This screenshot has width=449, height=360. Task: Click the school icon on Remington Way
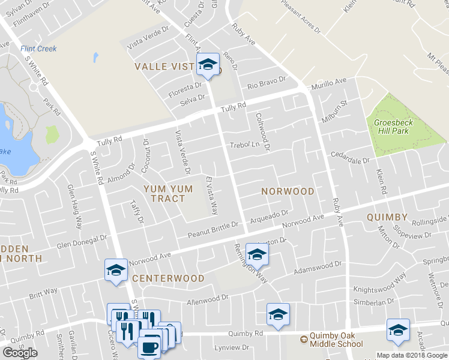tap(257, 256)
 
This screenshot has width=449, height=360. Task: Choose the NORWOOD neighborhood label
tap(288, 191)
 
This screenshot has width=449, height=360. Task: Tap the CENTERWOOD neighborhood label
tap(168, 278)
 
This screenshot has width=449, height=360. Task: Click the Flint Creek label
tap(38, 49)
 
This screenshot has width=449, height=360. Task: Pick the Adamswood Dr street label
tap(317, 268)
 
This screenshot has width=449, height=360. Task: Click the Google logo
tap(20, 353)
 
